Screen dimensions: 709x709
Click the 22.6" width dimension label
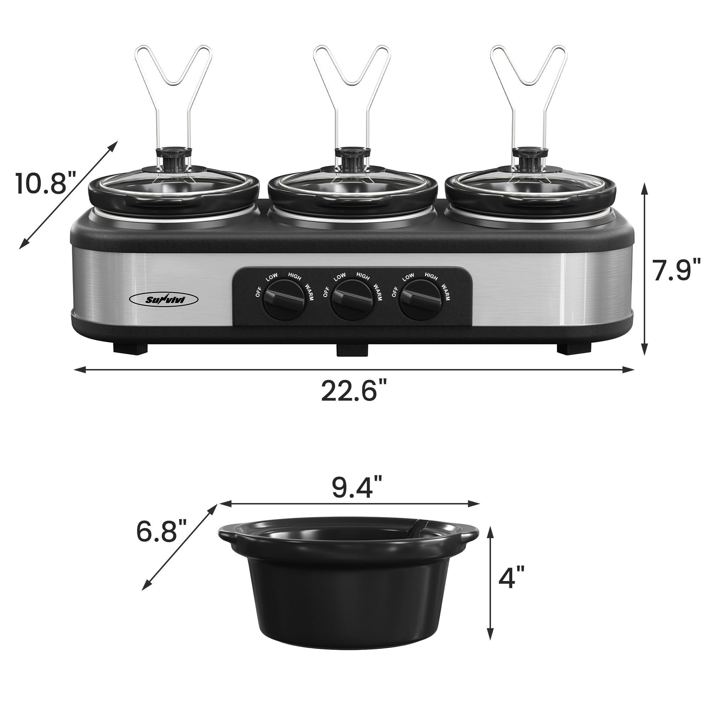click(354, 391)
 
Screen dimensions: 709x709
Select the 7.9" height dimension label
click(676, 270)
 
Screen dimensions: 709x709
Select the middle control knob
click(352, 300)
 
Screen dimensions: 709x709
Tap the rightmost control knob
click(420, 300)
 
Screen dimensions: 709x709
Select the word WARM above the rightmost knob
click(446, 292)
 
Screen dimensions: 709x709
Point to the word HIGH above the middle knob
click(363, 277)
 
